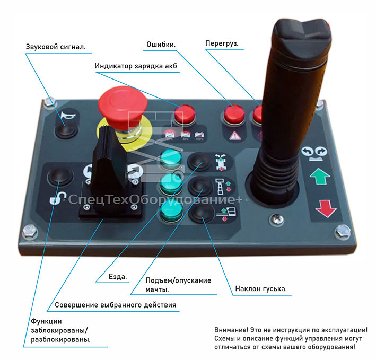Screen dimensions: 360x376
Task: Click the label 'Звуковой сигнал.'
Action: point(56,47)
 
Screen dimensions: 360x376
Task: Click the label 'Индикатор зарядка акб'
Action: point(136,66)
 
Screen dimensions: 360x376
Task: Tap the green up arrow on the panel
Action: point(320,176)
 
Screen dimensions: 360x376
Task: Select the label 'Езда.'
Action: point(118,277)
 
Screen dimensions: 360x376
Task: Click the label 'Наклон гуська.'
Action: point(260,289)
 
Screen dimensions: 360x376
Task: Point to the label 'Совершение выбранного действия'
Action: point(112,305)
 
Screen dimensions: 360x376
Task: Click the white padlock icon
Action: point(55,199)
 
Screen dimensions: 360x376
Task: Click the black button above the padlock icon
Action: point(58,177)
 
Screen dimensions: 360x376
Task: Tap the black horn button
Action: point(65,130)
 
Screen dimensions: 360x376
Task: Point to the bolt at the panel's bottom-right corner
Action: point(343,232)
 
